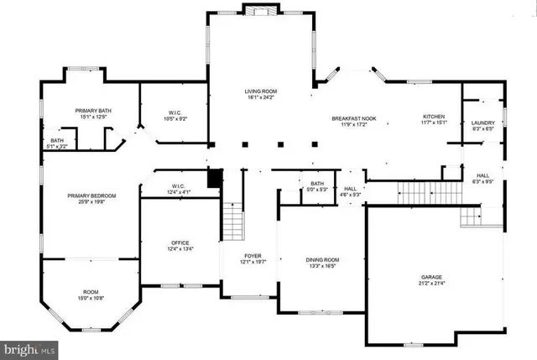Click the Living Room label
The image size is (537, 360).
260,91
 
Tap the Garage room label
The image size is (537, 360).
431,277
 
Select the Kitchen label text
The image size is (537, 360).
433,117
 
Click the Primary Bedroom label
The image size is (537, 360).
92,196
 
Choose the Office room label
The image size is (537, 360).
180,243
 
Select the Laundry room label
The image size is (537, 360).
482,123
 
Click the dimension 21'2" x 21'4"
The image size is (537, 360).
431,284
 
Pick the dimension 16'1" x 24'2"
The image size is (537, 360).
260,97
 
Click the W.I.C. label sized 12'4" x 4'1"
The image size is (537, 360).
178,186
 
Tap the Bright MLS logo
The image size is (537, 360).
29,346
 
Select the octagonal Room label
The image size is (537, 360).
90,291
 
